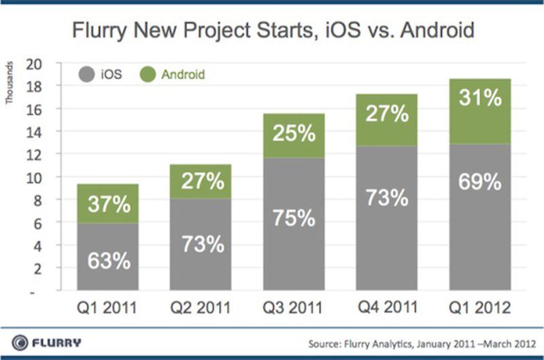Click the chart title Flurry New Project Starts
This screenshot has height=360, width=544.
272,31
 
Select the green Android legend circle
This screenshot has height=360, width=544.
150,73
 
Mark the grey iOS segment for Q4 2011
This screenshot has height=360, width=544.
388,218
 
